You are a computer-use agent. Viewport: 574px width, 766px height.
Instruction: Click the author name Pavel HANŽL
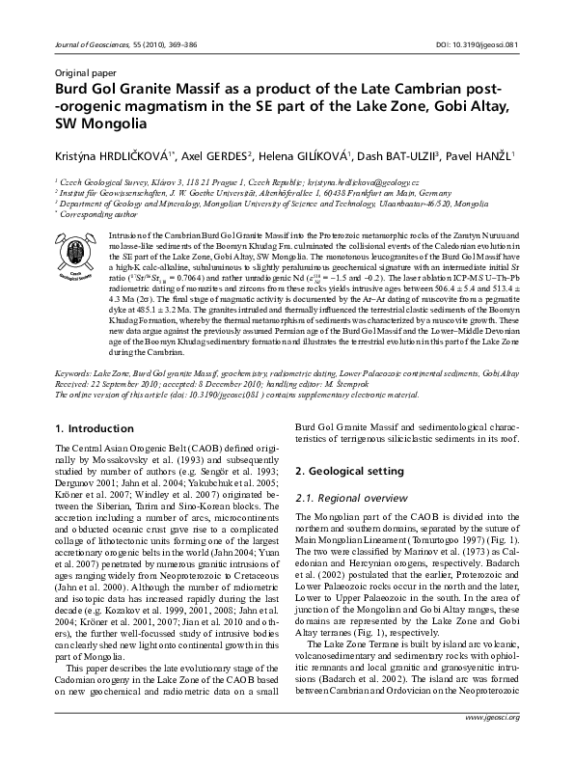[484, 155]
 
